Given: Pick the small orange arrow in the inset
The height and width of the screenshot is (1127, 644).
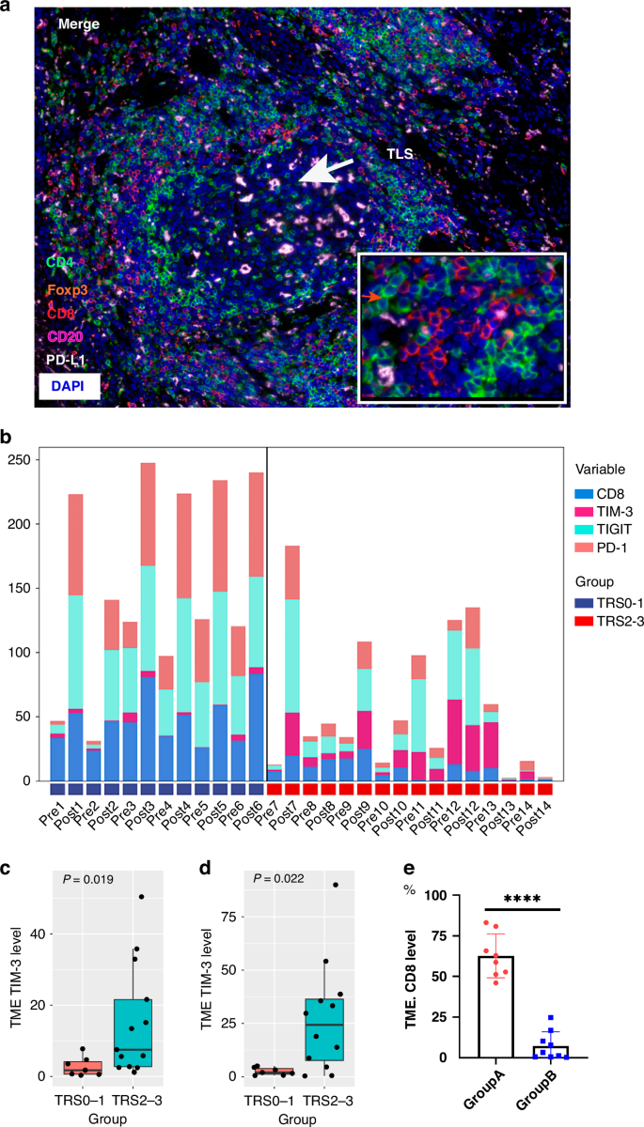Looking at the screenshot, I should tap(372, 297).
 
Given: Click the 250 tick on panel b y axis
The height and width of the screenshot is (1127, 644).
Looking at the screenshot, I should tap(20, 458).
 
